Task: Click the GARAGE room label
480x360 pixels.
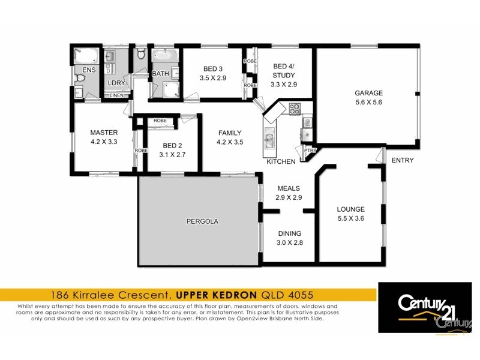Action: tap(368, 93)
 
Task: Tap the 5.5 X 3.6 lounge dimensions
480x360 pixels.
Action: tap(350, 218)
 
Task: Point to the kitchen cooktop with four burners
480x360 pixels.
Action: tap(295, 109)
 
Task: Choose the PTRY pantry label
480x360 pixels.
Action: tap(310, 151)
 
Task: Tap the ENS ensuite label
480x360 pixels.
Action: tap(80, 70)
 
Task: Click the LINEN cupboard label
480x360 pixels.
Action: tap(116, 95)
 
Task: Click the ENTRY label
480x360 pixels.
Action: tap(402, 160)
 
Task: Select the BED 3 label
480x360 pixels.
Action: tap(212, 69)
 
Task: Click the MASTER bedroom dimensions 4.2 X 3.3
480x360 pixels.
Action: tap(104, 142)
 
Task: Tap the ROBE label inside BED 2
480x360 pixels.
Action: tap(160, 121)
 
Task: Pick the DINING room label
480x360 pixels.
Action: tap(289, 233)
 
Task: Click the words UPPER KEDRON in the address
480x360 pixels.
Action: tap(217, 295)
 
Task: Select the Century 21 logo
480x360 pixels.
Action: tap(427, 307)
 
